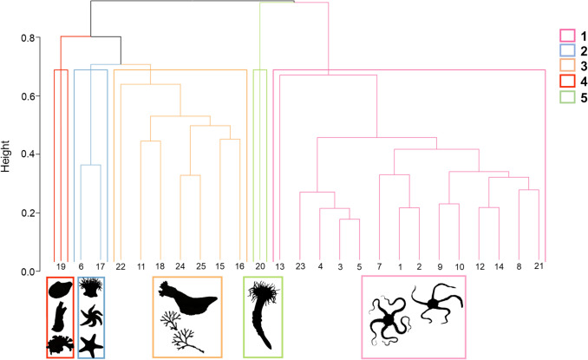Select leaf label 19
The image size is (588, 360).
click(61, 265)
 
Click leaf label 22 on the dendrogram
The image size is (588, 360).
click(121, 265)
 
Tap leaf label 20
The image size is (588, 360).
click(259, 265)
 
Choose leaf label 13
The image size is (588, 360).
click(279, 265)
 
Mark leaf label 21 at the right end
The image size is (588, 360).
click(539, 265)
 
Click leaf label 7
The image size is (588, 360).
click(379, 265)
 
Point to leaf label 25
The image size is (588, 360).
click(200, 265)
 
